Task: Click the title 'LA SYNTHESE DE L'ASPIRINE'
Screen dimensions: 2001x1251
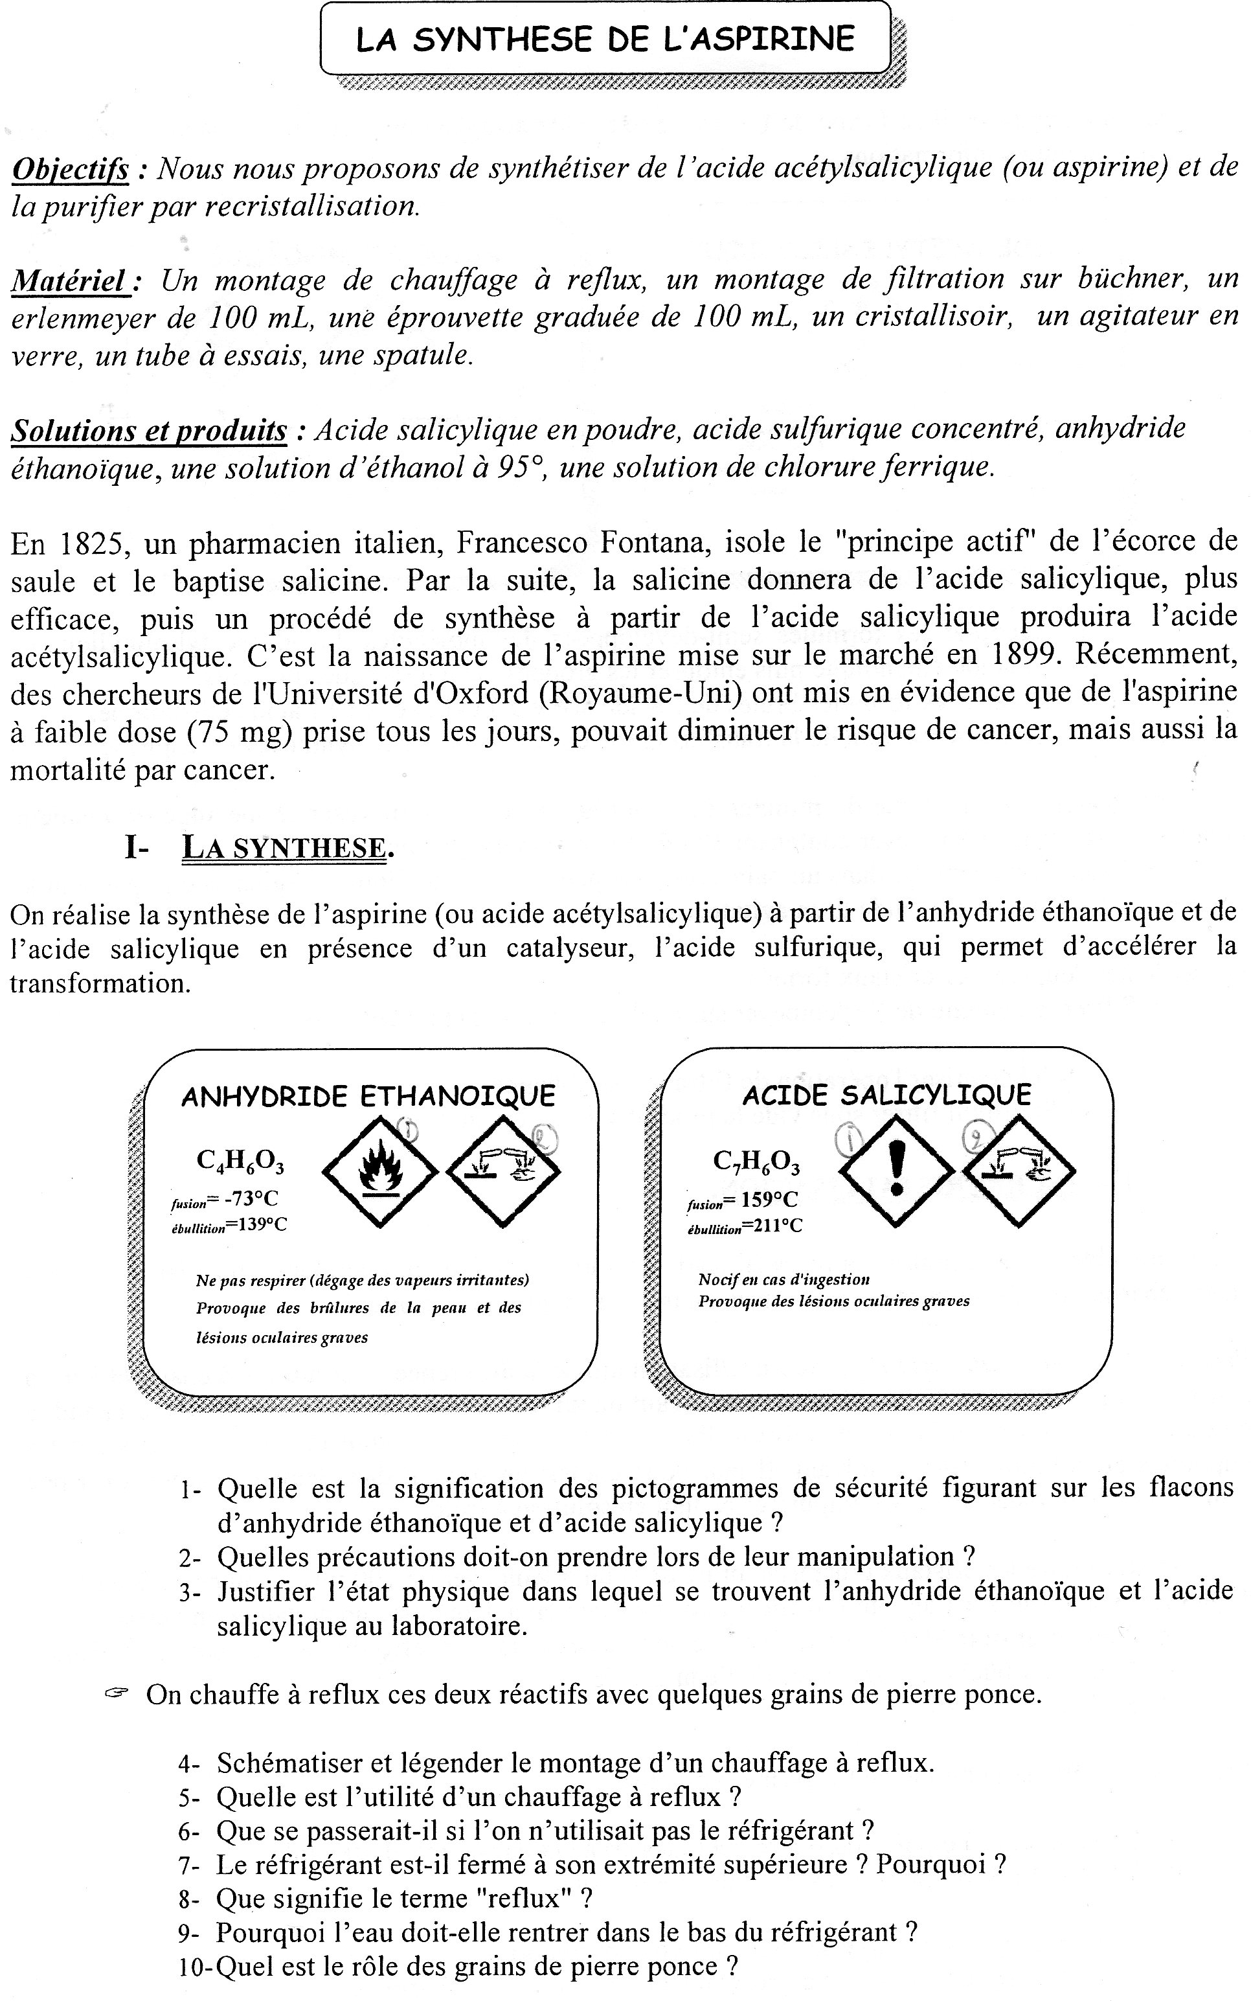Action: (605, 40)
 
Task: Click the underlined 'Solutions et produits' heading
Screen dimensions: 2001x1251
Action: (149, 430)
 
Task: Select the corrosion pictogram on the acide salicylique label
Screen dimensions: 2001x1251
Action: (1018, 1169)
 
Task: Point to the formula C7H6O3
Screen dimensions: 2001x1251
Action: (756, 1162)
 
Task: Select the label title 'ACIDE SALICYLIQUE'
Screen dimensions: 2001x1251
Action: (886, 1095)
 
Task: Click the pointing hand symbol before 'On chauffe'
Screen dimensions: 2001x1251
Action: (117, 1694)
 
